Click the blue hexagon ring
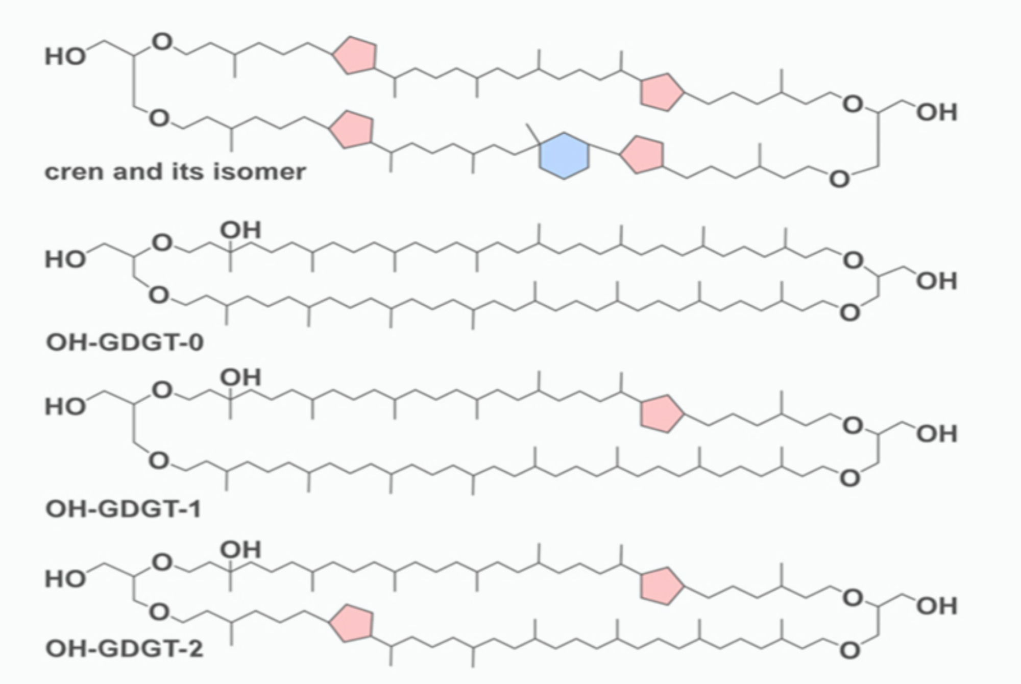(564, 156)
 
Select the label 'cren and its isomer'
(175, 172)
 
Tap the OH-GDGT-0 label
(125, 342)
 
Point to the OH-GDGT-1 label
(124, 509)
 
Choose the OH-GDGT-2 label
(125, 649)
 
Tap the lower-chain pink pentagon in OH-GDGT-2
(352, 624)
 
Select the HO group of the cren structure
(65, 57)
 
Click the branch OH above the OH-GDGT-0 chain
(240, 231)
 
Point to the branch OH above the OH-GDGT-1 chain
(240, 378)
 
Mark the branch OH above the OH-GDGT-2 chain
(240, 550)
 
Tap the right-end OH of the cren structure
(937, 112)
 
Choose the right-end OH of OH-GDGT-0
(937, 281)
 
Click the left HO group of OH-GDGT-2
(65, 579)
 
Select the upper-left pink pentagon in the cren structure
(355, 55)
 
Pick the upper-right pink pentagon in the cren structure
(661, 92)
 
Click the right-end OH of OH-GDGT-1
(937, 434)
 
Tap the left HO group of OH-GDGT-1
(65, 407)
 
